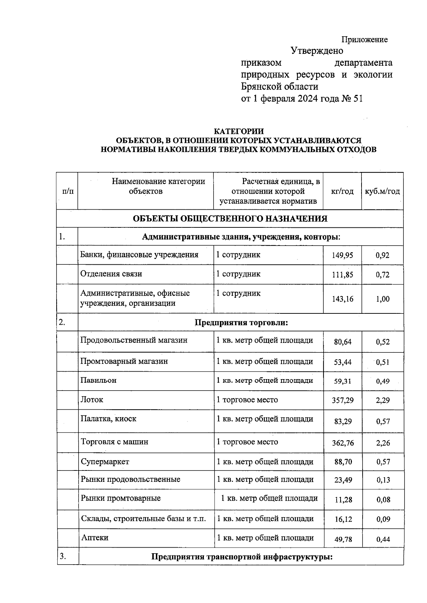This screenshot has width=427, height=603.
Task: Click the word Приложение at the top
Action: [x=364, y=39]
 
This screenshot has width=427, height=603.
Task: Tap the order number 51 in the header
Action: [x=358, y=98]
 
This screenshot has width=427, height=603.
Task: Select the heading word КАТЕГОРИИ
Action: [x=238, y=132]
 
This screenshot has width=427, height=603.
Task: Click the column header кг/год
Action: [x=342, y=191]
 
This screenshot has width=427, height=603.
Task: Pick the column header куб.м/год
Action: [x=382, y=191]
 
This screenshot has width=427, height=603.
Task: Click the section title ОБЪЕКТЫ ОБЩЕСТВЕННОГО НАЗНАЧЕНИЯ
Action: [x=230, y=219]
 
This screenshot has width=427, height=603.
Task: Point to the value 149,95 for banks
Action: [x=342, y=255]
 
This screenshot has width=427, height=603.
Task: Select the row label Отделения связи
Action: [x=111, y=274]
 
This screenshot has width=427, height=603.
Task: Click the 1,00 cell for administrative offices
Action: [x=383, y=299]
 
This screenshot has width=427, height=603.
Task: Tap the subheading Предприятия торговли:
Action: [x=241, y=323]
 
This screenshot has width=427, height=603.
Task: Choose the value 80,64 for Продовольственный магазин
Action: [x=342, y=342]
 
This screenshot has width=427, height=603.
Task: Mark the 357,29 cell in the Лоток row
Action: [x=342, y=400]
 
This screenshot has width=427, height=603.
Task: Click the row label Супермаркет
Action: [x=105, y=462]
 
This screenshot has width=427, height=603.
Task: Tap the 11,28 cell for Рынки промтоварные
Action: [x=343, y=500]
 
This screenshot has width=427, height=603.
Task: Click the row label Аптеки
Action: [x=95, y=537]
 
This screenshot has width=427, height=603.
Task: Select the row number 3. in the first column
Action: [x=63, y=556]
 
